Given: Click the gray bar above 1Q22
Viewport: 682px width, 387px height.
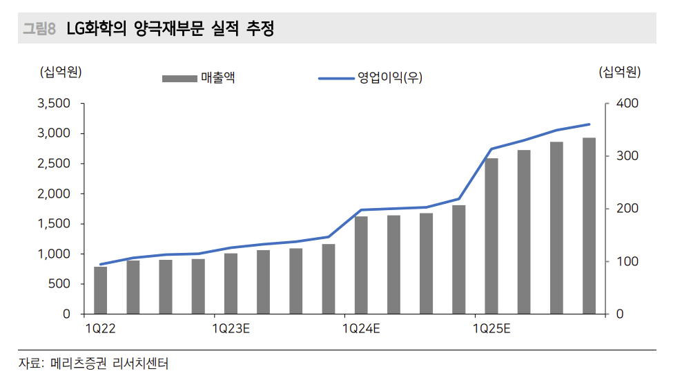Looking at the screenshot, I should (x=101, y=290).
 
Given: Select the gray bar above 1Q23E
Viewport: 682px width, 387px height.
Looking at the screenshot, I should (x=231, y=283).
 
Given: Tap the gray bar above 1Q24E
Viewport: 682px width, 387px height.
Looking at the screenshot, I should (x=361, y=265).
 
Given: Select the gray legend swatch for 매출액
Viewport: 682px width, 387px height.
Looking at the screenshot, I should (x=179, y=79).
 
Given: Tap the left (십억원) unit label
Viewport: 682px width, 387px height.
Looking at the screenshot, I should (x=61, y=72).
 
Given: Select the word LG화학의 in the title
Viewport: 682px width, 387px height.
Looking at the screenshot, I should (x=100, y=29).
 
